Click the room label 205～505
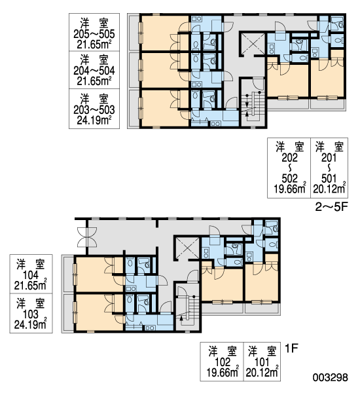click(94, 34)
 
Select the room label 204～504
click(94, 71)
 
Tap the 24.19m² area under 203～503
click(94, 121)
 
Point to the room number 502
click(289, 178)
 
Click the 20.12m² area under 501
click(329, 189)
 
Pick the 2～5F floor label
click(331, 207)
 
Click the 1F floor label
click(291, 348)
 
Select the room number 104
click(31, 275)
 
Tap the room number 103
click(31, 314)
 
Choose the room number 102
click(223, 362)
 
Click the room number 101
click(262, 362)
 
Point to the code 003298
click(331, 377)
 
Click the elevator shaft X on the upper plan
click(253, 43)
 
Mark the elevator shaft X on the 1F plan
click(187, 248)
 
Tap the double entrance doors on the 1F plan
click(87, 237)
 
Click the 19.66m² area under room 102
click(223, 372)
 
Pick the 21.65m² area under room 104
click(31, 285)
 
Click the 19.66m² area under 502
click(290, 189)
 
